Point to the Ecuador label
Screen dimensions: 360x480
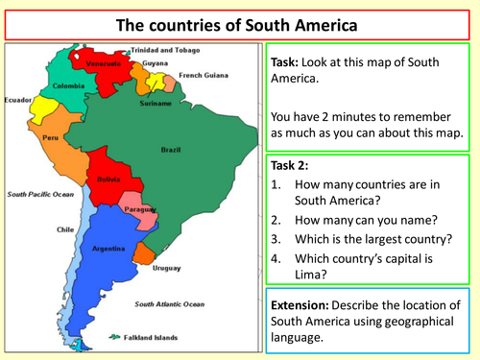20,98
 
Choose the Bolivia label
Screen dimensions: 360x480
108,180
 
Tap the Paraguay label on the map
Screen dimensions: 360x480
141,208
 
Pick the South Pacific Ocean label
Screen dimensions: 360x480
41,194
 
